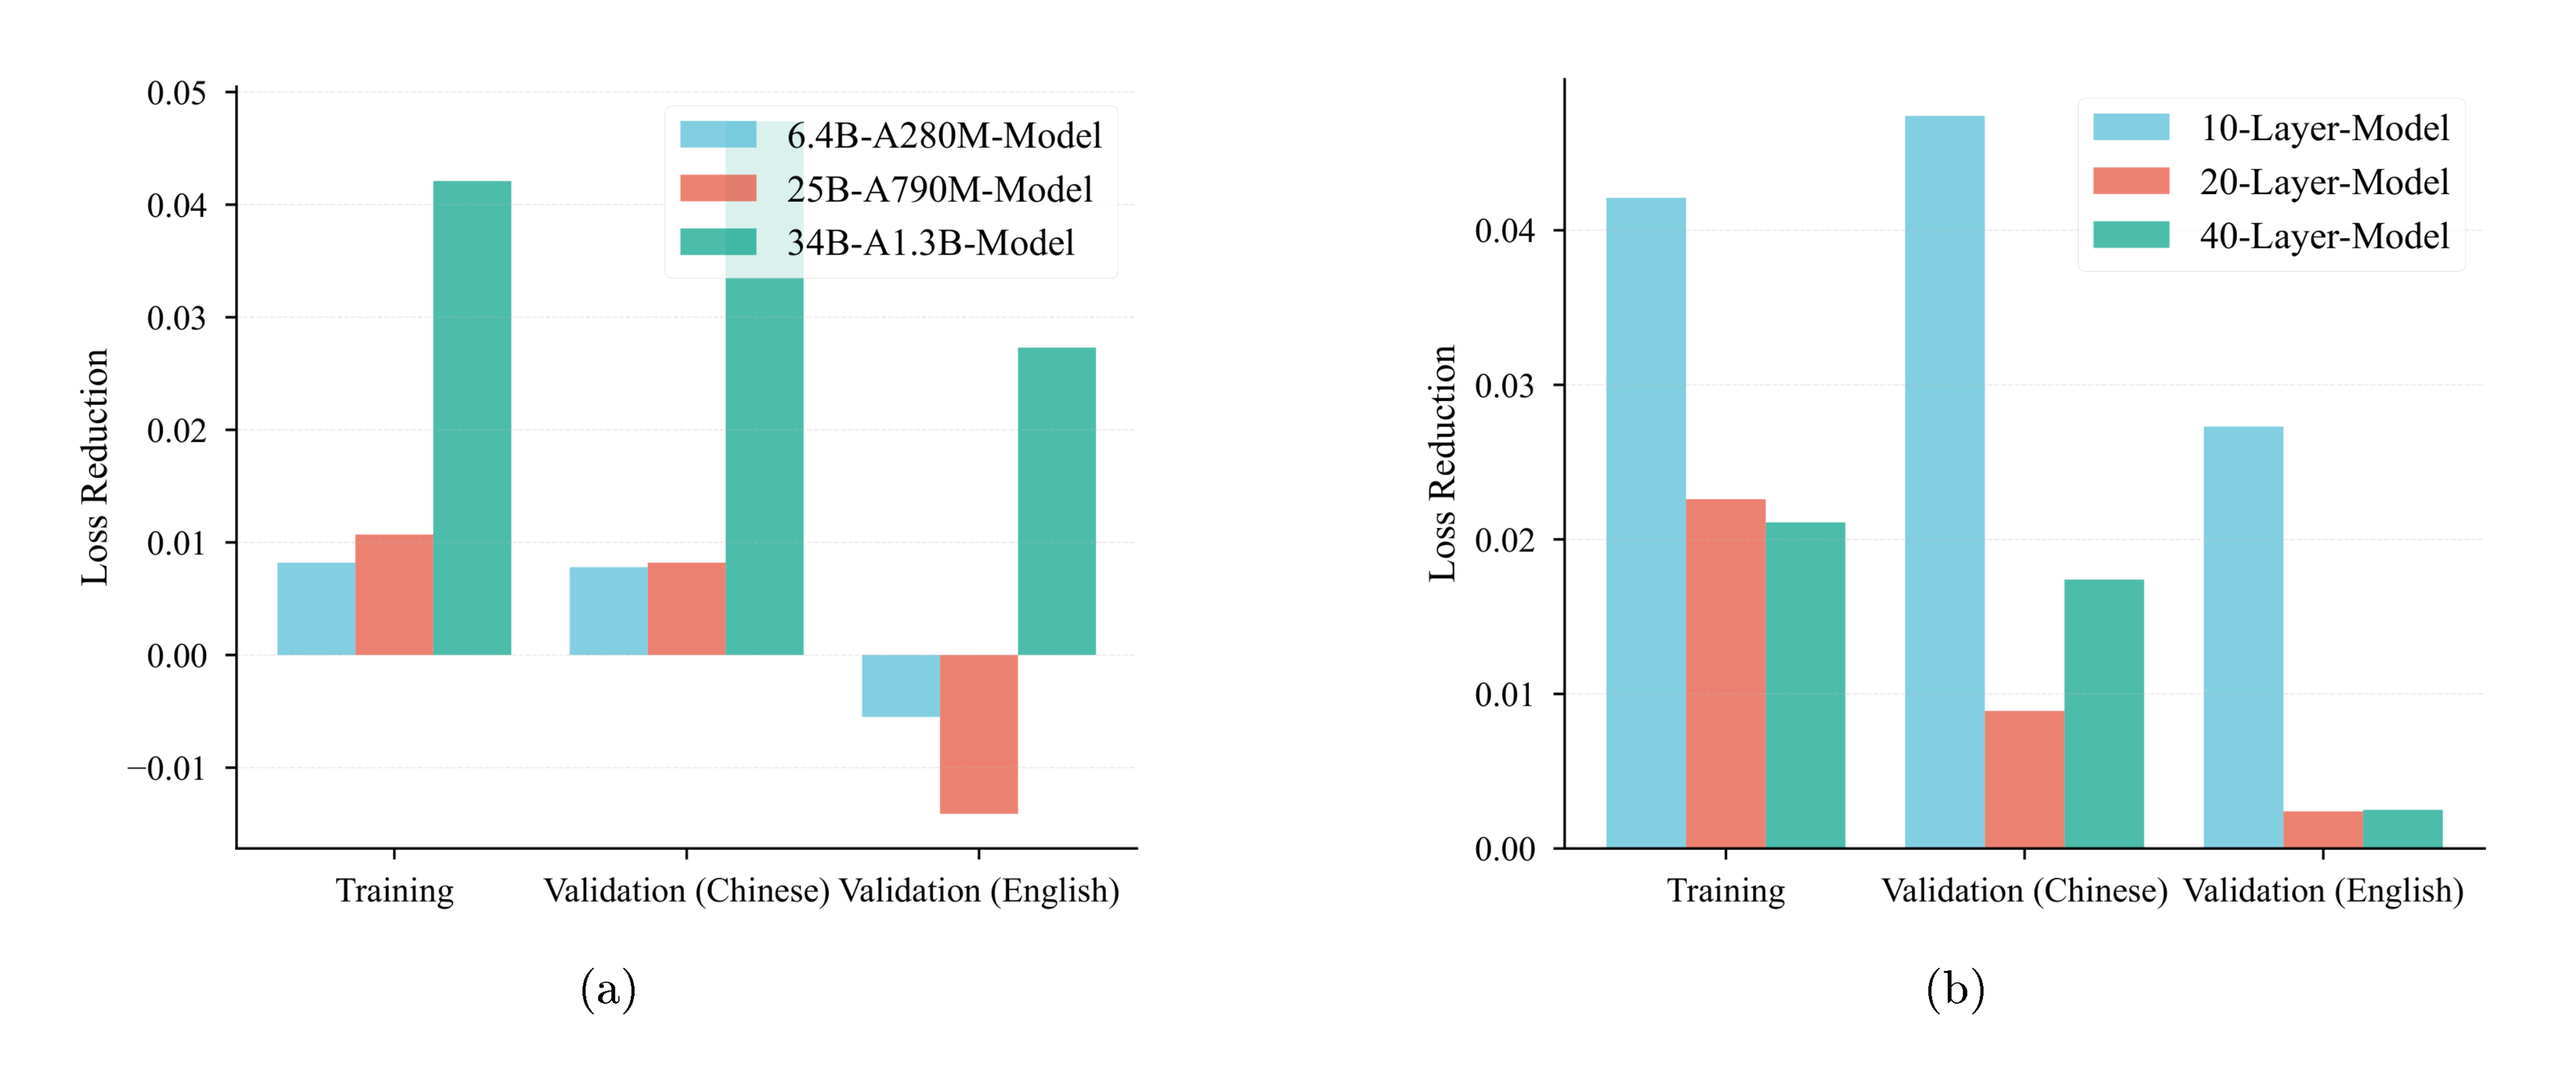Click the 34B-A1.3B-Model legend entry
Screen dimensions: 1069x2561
point(930,243)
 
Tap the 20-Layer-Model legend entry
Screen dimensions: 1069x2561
point(2323,182)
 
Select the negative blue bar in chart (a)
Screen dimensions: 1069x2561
point(900,685)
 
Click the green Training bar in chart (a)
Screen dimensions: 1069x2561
point(473,418)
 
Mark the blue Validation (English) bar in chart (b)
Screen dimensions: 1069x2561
point(2243,637)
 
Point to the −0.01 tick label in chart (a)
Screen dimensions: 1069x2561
point(167,769)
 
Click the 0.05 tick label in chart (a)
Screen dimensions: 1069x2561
point(177,94)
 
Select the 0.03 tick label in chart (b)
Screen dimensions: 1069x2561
point(1504,386)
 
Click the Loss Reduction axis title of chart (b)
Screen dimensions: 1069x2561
point(1442,463)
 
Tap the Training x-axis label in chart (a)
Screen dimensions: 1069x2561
point(394,890)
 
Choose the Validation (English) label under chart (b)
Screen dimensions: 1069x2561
point(2322,890)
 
